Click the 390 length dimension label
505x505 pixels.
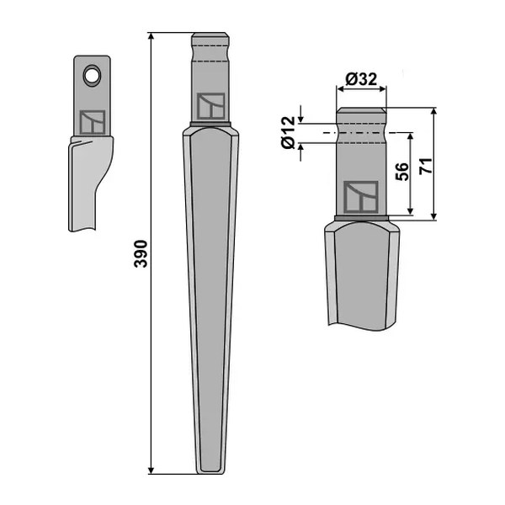(141, 253)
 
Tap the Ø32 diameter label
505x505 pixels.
(361, 79)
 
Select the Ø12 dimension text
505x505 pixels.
(288, 132)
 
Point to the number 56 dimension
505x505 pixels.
(401, 172)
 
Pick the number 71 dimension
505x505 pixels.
(426, 166)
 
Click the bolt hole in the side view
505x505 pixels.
(92, 76)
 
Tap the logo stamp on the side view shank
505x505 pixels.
(93, 122)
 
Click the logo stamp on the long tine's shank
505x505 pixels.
(211, 106)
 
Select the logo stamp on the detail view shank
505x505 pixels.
(361, 197)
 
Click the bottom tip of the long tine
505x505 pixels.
(210, 473)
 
